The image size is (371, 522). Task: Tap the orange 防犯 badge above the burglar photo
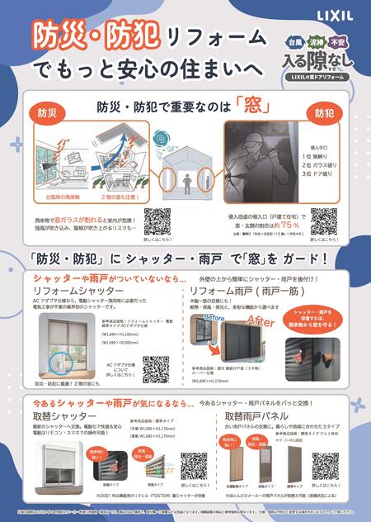323,112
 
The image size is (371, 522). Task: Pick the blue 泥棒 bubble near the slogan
316,39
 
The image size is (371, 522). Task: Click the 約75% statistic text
287,224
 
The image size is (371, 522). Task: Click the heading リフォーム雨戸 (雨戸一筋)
239,292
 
